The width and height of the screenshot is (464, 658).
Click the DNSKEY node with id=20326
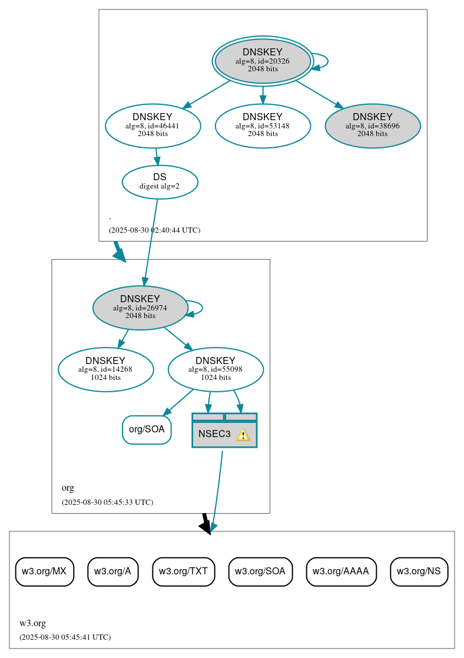tap(263, 61)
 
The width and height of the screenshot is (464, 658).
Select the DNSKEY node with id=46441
tap(153, 125)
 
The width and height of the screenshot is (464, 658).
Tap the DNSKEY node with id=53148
tap(263, 125)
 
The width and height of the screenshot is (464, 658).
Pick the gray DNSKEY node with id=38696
tap(372, 125)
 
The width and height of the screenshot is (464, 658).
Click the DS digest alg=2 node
tap(160, 181)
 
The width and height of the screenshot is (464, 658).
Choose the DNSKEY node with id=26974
tap(140, 307)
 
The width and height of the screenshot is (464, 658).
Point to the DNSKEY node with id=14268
tap(105, 369)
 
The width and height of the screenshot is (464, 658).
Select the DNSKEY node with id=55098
tap(216, 369)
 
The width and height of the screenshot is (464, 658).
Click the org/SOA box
tap(147, 429)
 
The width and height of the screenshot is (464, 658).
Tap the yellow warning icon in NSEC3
tap(243, 435)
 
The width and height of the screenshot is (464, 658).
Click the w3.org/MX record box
tap(44, 571)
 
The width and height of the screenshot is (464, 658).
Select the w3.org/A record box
tap(112, 571)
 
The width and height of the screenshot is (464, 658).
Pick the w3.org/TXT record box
tap(184, 571)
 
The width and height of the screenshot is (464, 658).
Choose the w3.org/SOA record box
tap(260, 571)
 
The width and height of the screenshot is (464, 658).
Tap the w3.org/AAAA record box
tap(341, 571)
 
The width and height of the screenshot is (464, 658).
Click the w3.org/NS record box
tap(419, 571)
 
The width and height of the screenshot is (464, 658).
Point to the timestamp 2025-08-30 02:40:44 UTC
tap(154, 230)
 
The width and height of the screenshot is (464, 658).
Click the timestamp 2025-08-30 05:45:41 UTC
tap(65, 637)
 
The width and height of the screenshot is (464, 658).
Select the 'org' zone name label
tap(68, 488)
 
